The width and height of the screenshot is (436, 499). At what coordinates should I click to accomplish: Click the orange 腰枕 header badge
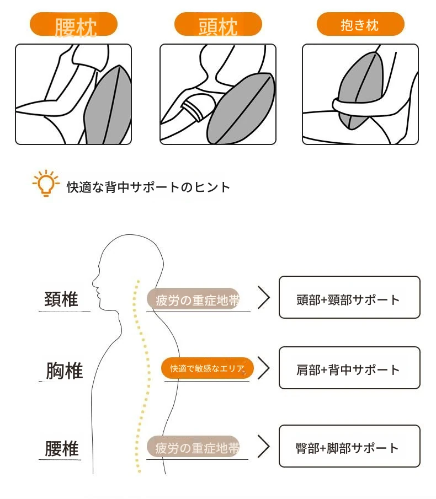click(x=73, y=24)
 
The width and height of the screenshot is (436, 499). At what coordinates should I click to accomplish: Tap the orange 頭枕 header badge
click(x=218, y=24)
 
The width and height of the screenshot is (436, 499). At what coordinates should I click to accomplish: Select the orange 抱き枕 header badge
click(x=360, y=24)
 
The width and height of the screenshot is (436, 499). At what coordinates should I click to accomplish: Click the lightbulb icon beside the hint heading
click(x=46, y=183)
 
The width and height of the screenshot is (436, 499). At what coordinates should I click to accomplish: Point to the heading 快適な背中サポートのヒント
click(x=148, y=187)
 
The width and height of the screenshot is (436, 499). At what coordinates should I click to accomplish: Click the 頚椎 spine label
click(x=61, y=299)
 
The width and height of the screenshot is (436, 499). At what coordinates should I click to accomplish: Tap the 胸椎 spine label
click(x=65, y=371)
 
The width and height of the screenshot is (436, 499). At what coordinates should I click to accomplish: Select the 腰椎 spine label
click(x=62, y=449)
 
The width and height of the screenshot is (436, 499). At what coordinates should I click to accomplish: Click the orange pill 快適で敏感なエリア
click(x=208, y=368)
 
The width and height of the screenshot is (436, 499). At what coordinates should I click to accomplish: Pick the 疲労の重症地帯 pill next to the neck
click(x=193, y=299)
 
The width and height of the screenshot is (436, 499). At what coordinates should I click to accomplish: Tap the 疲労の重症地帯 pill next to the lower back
click(x=193, y=447)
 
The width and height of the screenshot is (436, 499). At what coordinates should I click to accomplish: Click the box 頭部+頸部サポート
click(x=349, y=297)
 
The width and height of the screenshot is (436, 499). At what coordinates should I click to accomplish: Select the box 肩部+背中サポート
click(x=349, y=368)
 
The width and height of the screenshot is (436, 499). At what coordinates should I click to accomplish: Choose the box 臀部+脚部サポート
click(x=349, y=446)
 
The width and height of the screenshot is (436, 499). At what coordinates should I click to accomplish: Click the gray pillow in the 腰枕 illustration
click(x=108, y=108)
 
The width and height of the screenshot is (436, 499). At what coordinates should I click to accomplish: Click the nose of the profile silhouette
click(x=94, y=282)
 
